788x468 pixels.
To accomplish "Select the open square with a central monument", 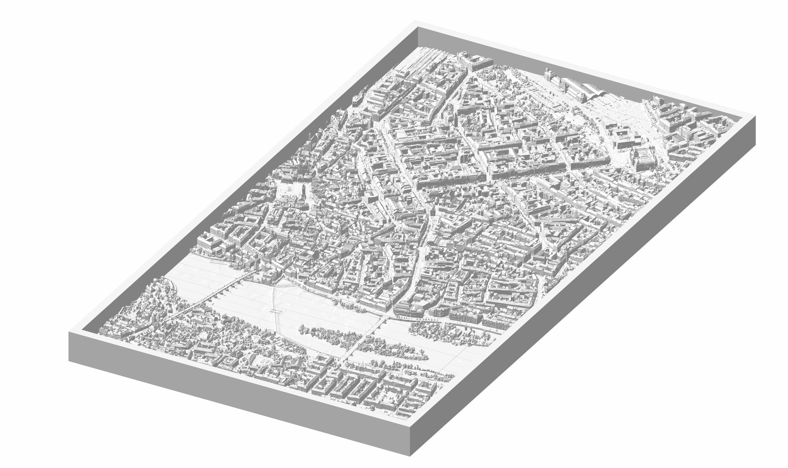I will pyautogui.click(x=288, y=191).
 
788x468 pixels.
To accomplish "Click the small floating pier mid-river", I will pyautogui.click(x=274, y=311).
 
